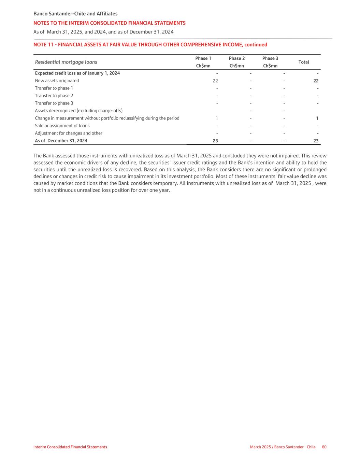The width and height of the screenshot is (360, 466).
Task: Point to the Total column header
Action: tap(303, 62)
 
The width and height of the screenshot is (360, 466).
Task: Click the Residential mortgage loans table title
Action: tap(66, 62)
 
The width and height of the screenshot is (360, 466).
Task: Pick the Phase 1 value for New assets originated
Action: tap(215, 81)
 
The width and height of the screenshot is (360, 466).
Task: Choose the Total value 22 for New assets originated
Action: tap(316, 81)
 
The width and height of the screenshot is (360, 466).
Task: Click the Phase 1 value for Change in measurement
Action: tap(216, 118)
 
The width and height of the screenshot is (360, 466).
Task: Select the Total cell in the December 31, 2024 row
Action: tap(316, 141)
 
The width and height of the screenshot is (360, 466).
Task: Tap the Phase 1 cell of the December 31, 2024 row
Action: tap(215, 141)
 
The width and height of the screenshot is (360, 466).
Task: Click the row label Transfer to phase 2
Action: tap(54, 96)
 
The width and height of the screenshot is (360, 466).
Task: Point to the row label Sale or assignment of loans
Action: tap(62, 126)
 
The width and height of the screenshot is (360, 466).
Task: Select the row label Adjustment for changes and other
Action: tap(69, 133)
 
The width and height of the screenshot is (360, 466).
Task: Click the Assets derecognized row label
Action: tap(78, 111)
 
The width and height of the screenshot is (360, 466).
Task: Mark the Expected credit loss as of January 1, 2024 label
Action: tap(77, 73)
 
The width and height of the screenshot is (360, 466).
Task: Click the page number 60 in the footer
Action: tap(324, 447)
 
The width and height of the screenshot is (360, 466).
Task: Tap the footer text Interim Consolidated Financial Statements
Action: tap(70, 447)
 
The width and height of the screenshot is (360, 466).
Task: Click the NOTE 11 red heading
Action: tap(150, 45)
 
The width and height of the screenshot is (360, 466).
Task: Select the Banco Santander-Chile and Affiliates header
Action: tap(75, 14)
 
